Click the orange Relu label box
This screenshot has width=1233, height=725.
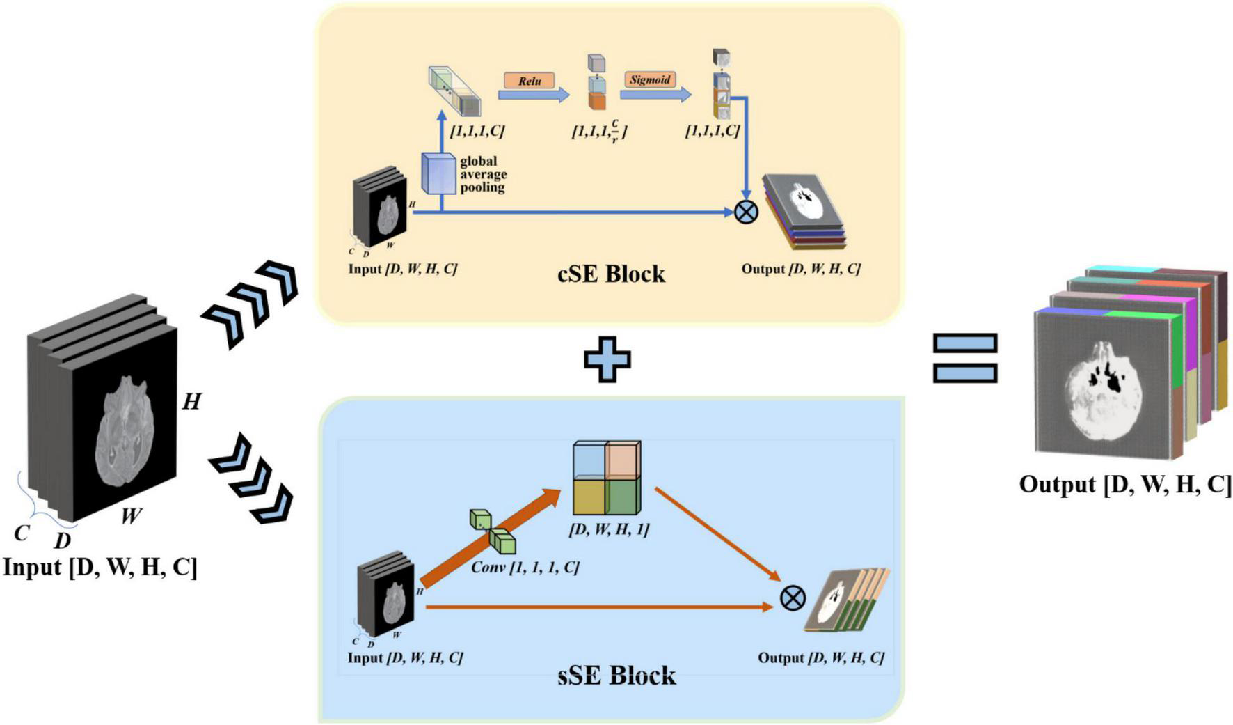pyautogui.click(x=530, y=81)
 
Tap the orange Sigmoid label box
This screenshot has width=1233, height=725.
pyautogui.click(x=650, y=79)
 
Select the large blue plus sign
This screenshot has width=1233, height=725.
pyautogui.click(x=607, y=359)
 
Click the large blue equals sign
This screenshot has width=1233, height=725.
pyautogui.click(x=965, y=358)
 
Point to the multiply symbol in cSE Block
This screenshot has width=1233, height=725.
pyautogui.click(x=746, y=212)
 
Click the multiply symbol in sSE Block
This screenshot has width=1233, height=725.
pyautogui.click(x=793, y=598)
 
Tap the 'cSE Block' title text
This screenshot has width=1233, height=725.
pyautogui.click(x=611, y=274)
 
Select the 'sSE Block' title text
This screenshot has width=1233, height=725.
pyautogui.click(x=616, y=676)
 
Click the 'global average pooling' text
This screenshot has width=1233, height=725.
pyautogui.click(x=483, y=174)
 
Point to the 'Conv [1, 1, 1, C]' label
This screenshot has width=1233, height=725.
pyautogui.click(x=525, y=568)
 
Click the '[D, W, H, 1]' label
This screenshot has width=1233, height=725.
pyautogui.click(x=609, y=529)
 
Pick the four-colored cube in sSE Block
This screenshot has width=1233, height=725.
pyautogui.click(x=607, y=478)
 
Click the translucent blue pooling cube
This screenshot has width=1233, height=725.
pyautogui.click(x=438, y=173)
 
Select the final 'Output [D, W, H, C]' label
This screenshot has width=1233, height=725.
pyautogui.click(x=1125, y=485)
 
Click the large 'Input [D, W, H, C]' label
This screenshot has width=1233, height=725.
pyautogui.click(x=100, y=567)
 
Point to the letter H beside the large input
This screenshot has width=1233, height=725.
pyautogui.click(x=191, y=402)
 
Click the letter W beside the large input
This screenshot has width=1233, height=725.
pyautogui.click(x=131, y=516)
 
